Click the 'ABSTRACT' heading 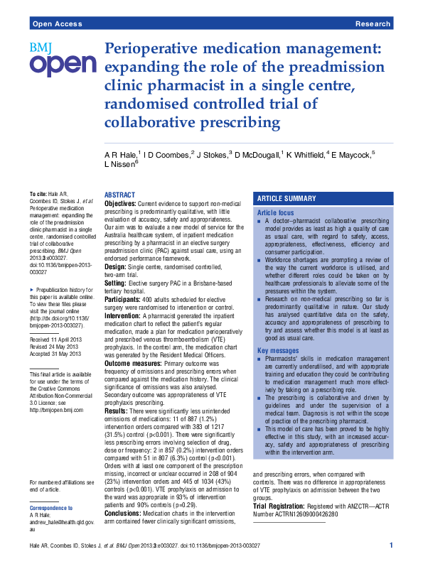pos(119,195)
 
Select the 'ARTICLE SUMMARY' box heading pos(287,199)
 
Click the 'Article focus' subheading pos(275,212)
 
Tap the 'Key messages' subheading pos(277,351)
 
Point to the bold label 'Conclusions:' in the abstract pos(124,493)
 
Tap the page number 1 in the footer pos(392,545)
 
